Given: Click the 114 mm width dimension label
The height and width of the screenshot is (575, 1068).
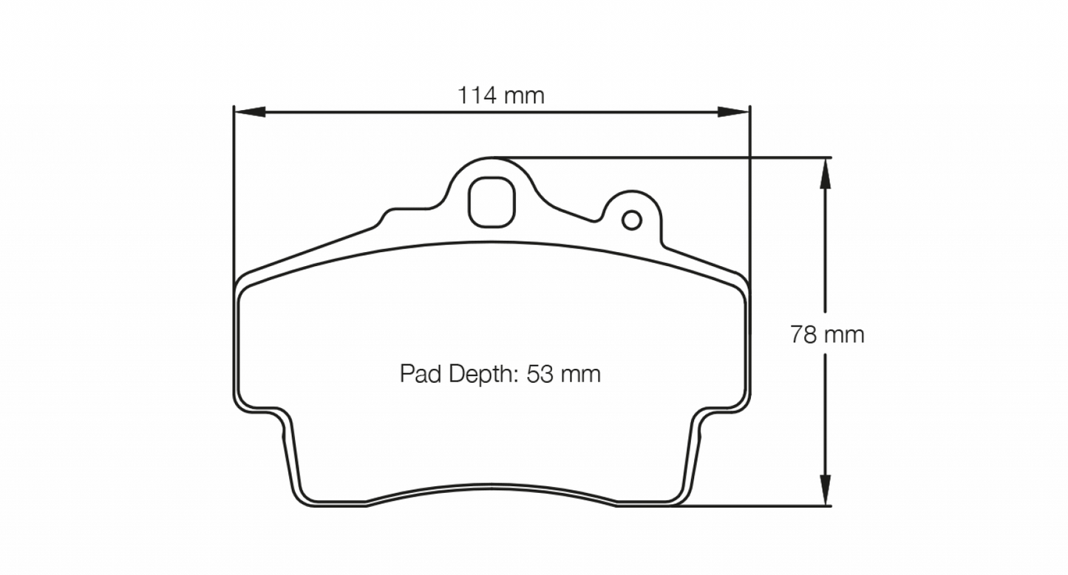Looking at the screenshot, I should [500, 95].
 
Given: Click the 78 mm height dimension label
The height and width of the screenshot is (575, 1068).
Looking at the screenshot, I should [826, 335].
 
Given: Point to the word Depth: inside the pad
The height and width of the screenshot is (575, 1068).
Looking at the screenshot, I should [481, 374].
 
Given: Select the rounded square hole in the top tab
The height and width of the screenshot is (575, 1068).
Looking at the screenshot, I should [491, 203].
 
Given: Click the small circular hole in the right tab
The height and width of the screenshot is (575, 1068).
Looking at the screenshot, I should [631, 220].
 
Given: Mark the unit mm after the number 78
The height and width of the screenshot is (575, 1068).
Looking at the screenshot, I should [844, 335].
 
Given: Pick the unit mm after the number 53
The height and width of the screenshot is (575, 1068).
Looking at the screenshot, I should [580, 374].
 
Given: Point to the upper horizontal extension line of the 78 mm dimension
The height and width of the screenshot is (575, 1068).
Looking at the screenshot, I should [665, 157].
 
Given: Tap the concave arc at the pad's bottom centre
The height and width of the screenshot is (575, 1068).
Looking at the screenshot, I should [492, 491].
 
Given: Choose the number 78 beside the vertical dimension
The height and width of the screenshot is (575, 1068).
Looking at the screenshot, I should [803, 335].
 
